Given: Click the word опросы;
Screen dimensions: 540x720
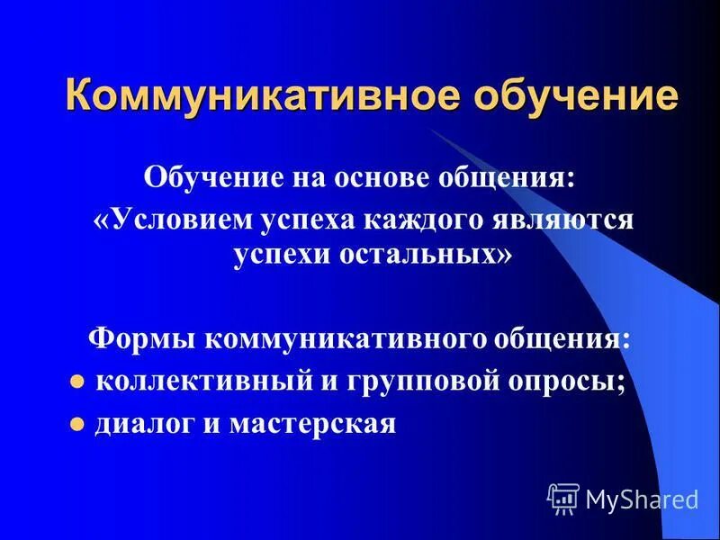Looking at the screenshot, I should [566, 380].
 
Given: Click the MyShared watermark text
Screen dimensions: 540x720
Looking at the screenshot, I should [642, 498].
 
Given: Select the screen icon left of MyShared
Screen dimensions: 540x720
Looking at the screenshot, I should [563, 498].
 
